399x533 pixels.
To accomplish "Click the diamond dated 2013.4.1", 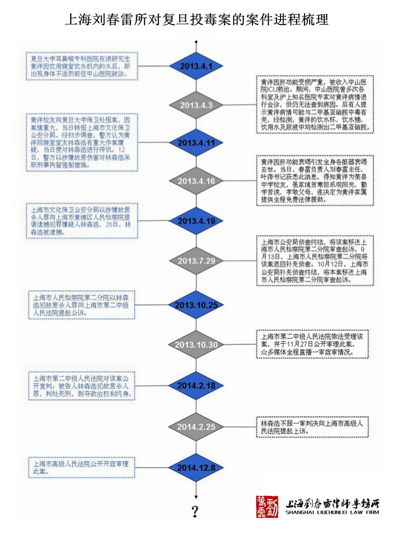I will coord(196,66).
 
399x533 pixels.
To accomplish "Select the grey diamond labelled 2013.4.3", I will coord(196,105).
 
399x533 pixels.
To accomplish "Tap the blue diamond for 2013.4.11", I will coord(196,143).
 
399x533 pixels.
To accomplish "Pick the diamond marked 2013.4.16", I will coord(196,181).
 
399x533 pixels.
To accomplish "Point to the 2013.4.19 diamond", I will coord(196,221).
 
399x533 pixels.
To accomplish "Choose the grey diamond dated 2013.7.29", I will coord(196,260).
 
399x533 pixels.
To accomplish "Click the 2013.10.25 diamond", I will coord(196,305).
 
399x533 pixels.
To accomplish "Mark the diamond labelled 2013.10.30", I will coord(196,345).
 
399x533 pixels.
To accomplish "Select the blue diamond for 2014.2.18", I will coord(196,385).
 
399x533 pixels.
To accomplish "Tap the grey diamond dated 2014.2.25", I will coord(196,426).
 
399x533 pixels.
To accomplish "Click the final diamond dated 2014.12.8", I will coord(196,467).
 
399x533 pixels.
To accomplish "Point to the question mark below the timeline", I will coord(196,510).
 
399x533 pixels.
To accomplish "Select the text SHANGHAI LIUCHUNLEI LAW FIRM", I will coord(332,512).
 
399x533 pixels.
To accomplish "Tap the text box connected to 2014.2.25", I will coord(314,427).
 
